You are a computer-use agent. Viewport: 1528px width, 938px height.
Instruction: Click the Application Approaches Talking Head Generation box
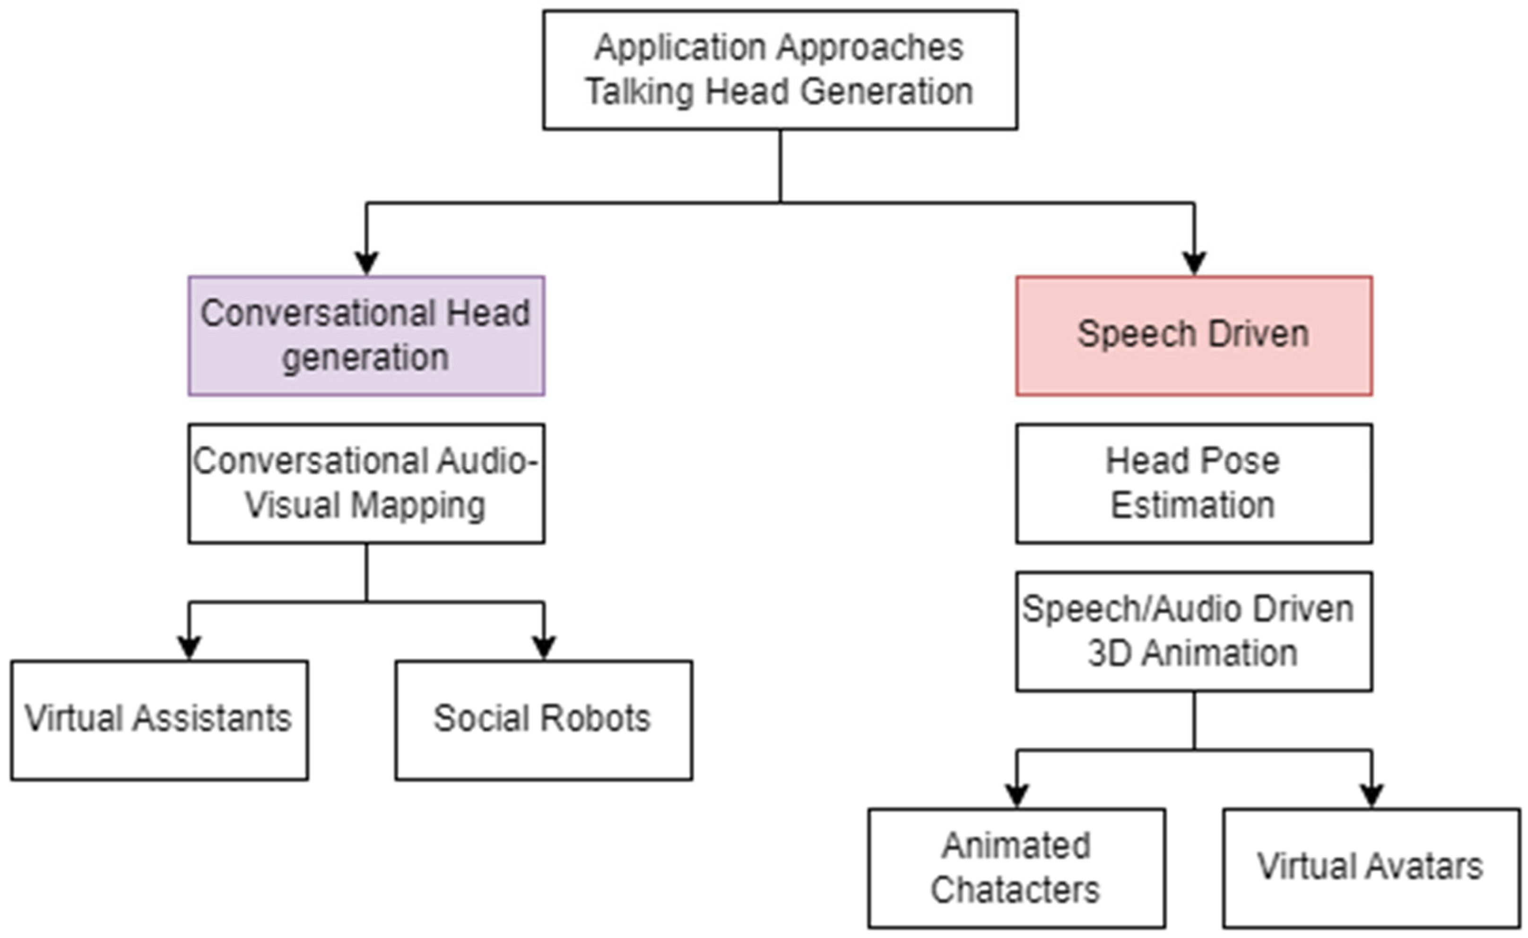(x=780, y=70)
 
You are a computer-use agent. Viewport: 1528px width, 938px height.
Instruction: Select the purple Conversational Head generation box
(x=367, y=336)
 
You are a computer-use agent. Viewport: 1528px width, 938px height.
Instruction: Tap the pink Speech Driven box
(x=1194, y=336)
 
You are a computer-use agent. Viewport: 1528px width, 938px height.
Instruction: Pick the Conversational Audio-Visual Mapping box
(x=367, y=483)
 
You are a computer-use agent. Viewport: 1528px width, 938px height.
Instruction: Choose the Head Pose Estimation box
(x=1194, y=483)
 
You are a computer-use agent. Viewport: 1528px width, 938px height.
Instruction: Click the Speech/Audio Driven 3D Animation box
(x=1194, y=632)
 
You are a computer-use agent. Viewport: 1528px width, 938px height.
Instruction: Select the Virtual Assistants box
(x=159, y=720)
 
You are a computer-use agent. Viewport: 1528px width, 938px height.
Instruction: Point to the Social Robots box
(x=544, y=720)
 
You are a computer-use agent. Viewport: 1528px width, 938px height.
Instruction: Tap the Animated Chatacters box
(x=1016, y=869)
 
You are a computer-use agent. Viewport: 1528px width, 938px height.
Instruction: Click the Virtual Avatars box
(x=1372, y=869)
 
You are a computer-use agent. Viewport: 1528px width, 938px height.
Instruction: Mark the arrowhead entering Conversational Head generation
(x=367, y=263)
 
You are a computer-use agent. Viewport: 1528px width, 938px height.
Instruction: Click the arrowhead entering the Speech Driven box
(x=1194, y=263)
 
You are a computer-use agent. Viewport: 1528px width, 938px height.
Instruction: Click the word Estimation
(x=1192, y=505)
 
